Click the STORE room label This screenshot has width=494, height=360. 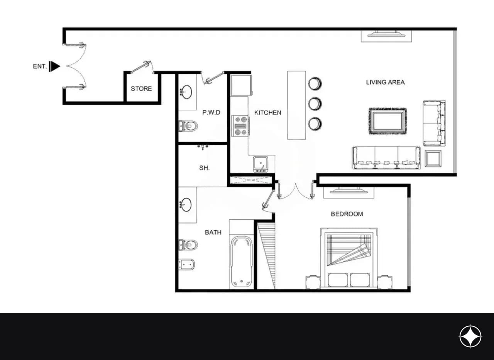pos(141,89)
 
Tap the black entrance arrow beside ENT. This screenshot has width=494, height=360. pos(54,66)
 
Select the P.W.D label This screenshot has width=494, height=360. pos(211,112)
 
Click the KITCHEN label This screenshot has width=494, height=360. pos(268,113)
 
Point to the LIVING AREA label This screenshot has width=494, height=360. pos(385,82)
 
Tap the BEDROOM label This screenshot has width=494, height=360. pos(347,214)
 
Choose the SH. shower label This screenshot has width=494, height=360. pos(205,168)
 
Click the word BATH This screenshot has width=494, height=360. pos(213,232)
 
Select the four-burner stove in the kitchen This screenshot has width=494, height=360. pos(240,126)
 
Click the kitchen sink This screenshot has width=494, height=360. pos(261,164)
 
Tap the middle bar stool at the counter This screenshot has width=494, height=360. pos(315,104)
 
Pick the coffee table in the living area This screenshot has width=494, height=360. pos(387,121)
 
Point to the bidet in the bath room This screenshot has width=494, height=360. pos(186,265)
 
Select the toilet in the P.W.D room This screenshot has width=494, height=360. pos(188,126)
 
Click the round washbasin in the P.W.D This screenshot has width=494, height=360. pos(186,92)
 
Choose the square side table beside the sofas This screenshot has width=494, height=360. pos(433,158)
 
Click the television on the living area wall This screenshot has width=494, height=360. pos(386,34)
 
